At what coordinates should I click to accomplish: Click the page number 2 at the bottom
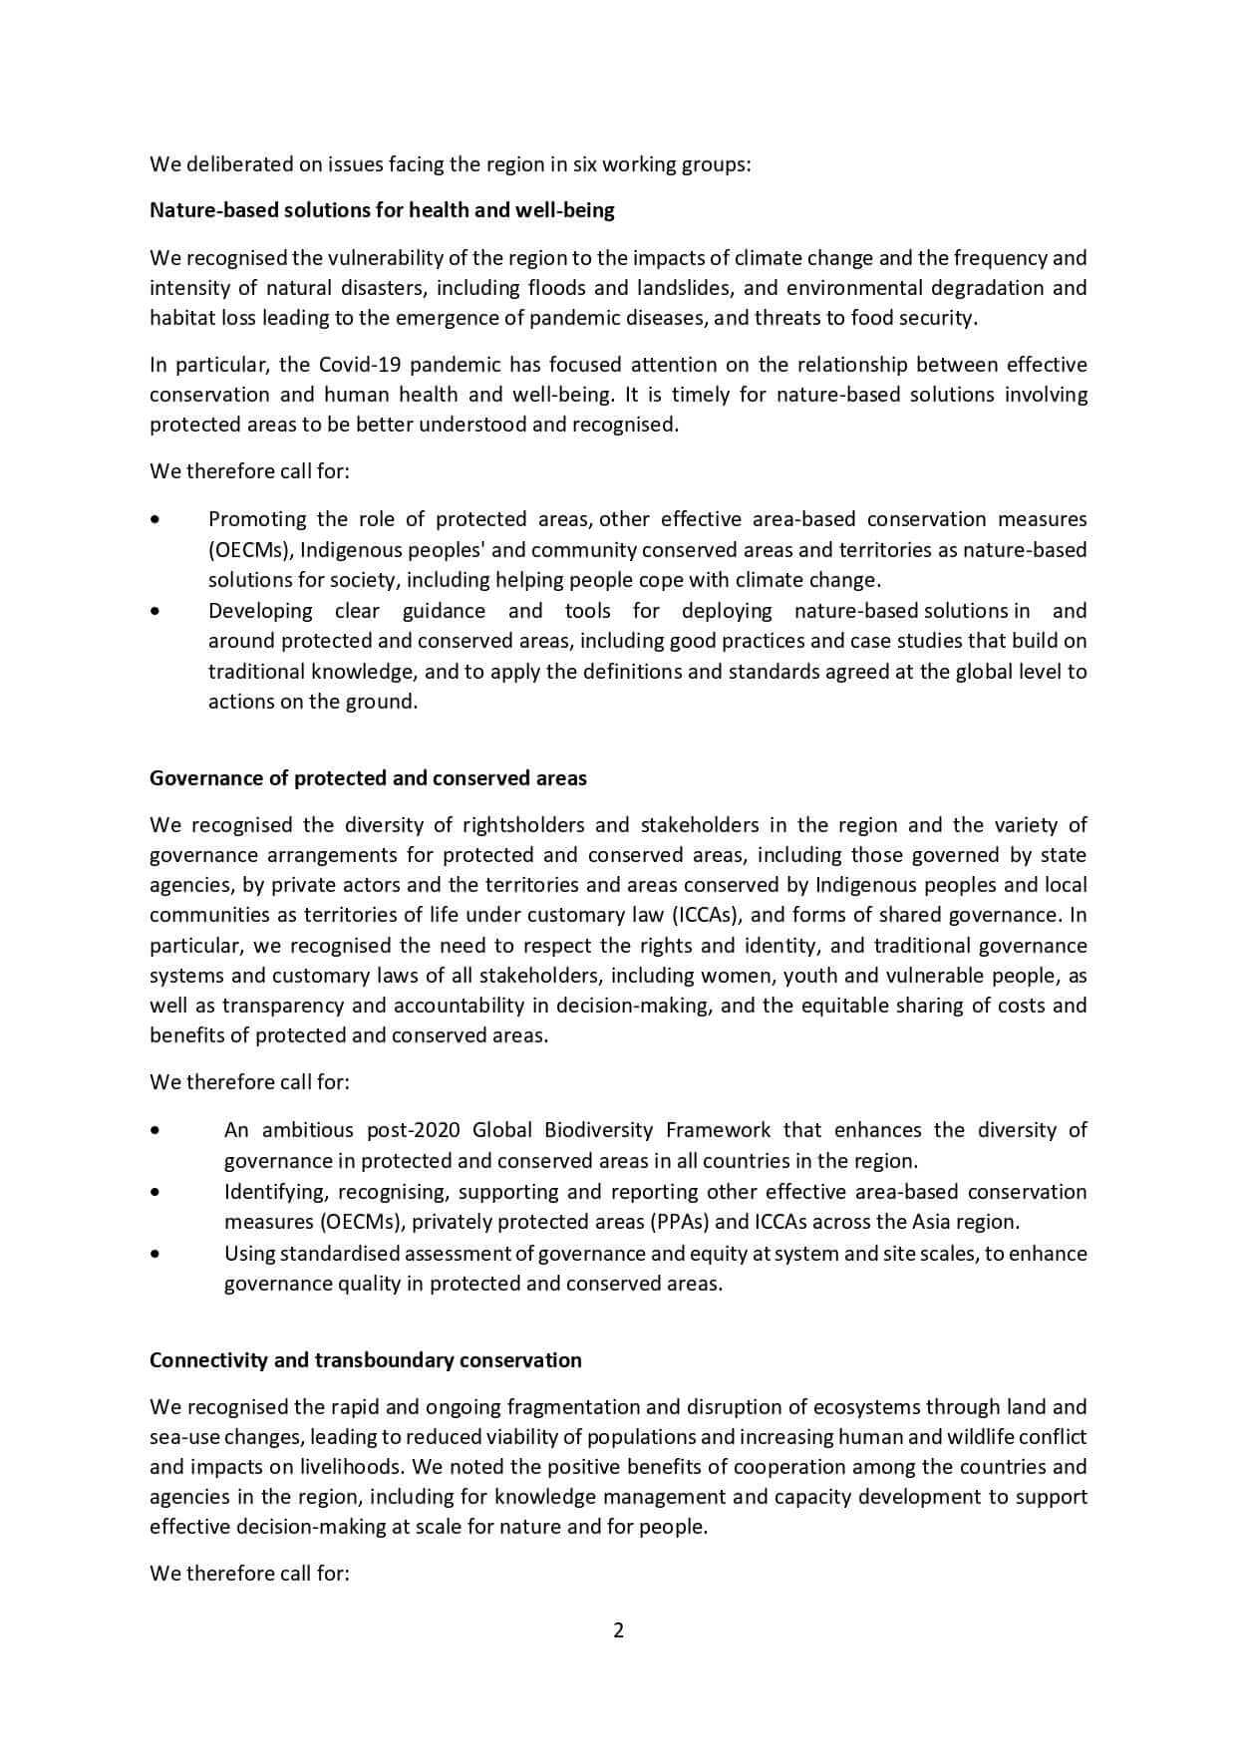(618, 1630)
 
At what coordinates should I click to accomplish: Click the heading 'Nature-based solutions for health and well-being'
(382, 210)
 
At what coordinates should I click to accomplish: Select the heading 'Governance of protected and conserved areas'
(368, 778)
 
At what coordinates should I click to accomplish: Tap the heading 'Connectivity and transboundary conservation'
(365, 1360)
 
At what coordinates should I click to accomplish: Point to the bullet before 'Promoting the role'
(154, 519)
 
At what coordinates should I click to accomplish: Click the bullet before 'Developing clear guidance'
(154, 611)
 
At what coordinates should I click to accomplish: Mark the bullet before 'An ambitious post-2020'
(154, 1130)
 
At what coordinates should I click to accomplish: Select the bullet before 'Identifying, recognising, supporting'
(154, 1192)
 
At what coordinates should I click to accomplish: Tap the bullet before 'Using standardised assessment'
(154, 1254)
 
